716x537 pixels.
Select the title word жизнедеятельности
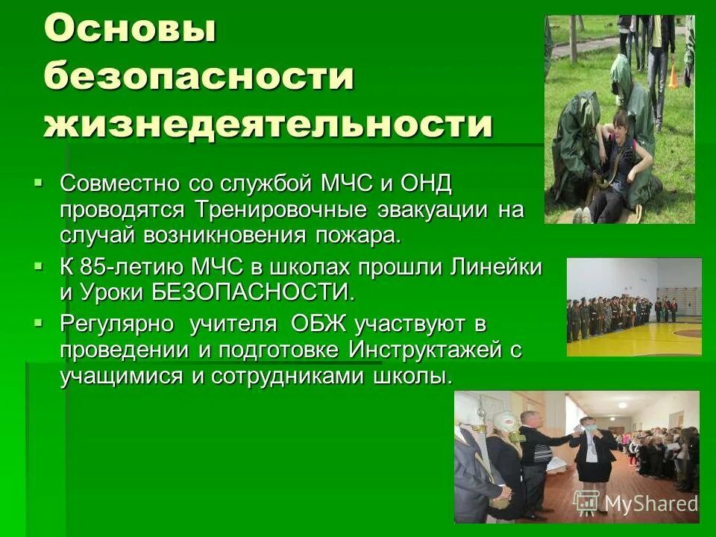268,125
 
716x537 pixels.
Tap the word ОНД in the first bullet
426,183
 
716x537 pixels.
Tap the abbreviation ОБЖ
313,324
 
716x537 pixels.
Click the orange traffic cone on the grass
673,75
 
